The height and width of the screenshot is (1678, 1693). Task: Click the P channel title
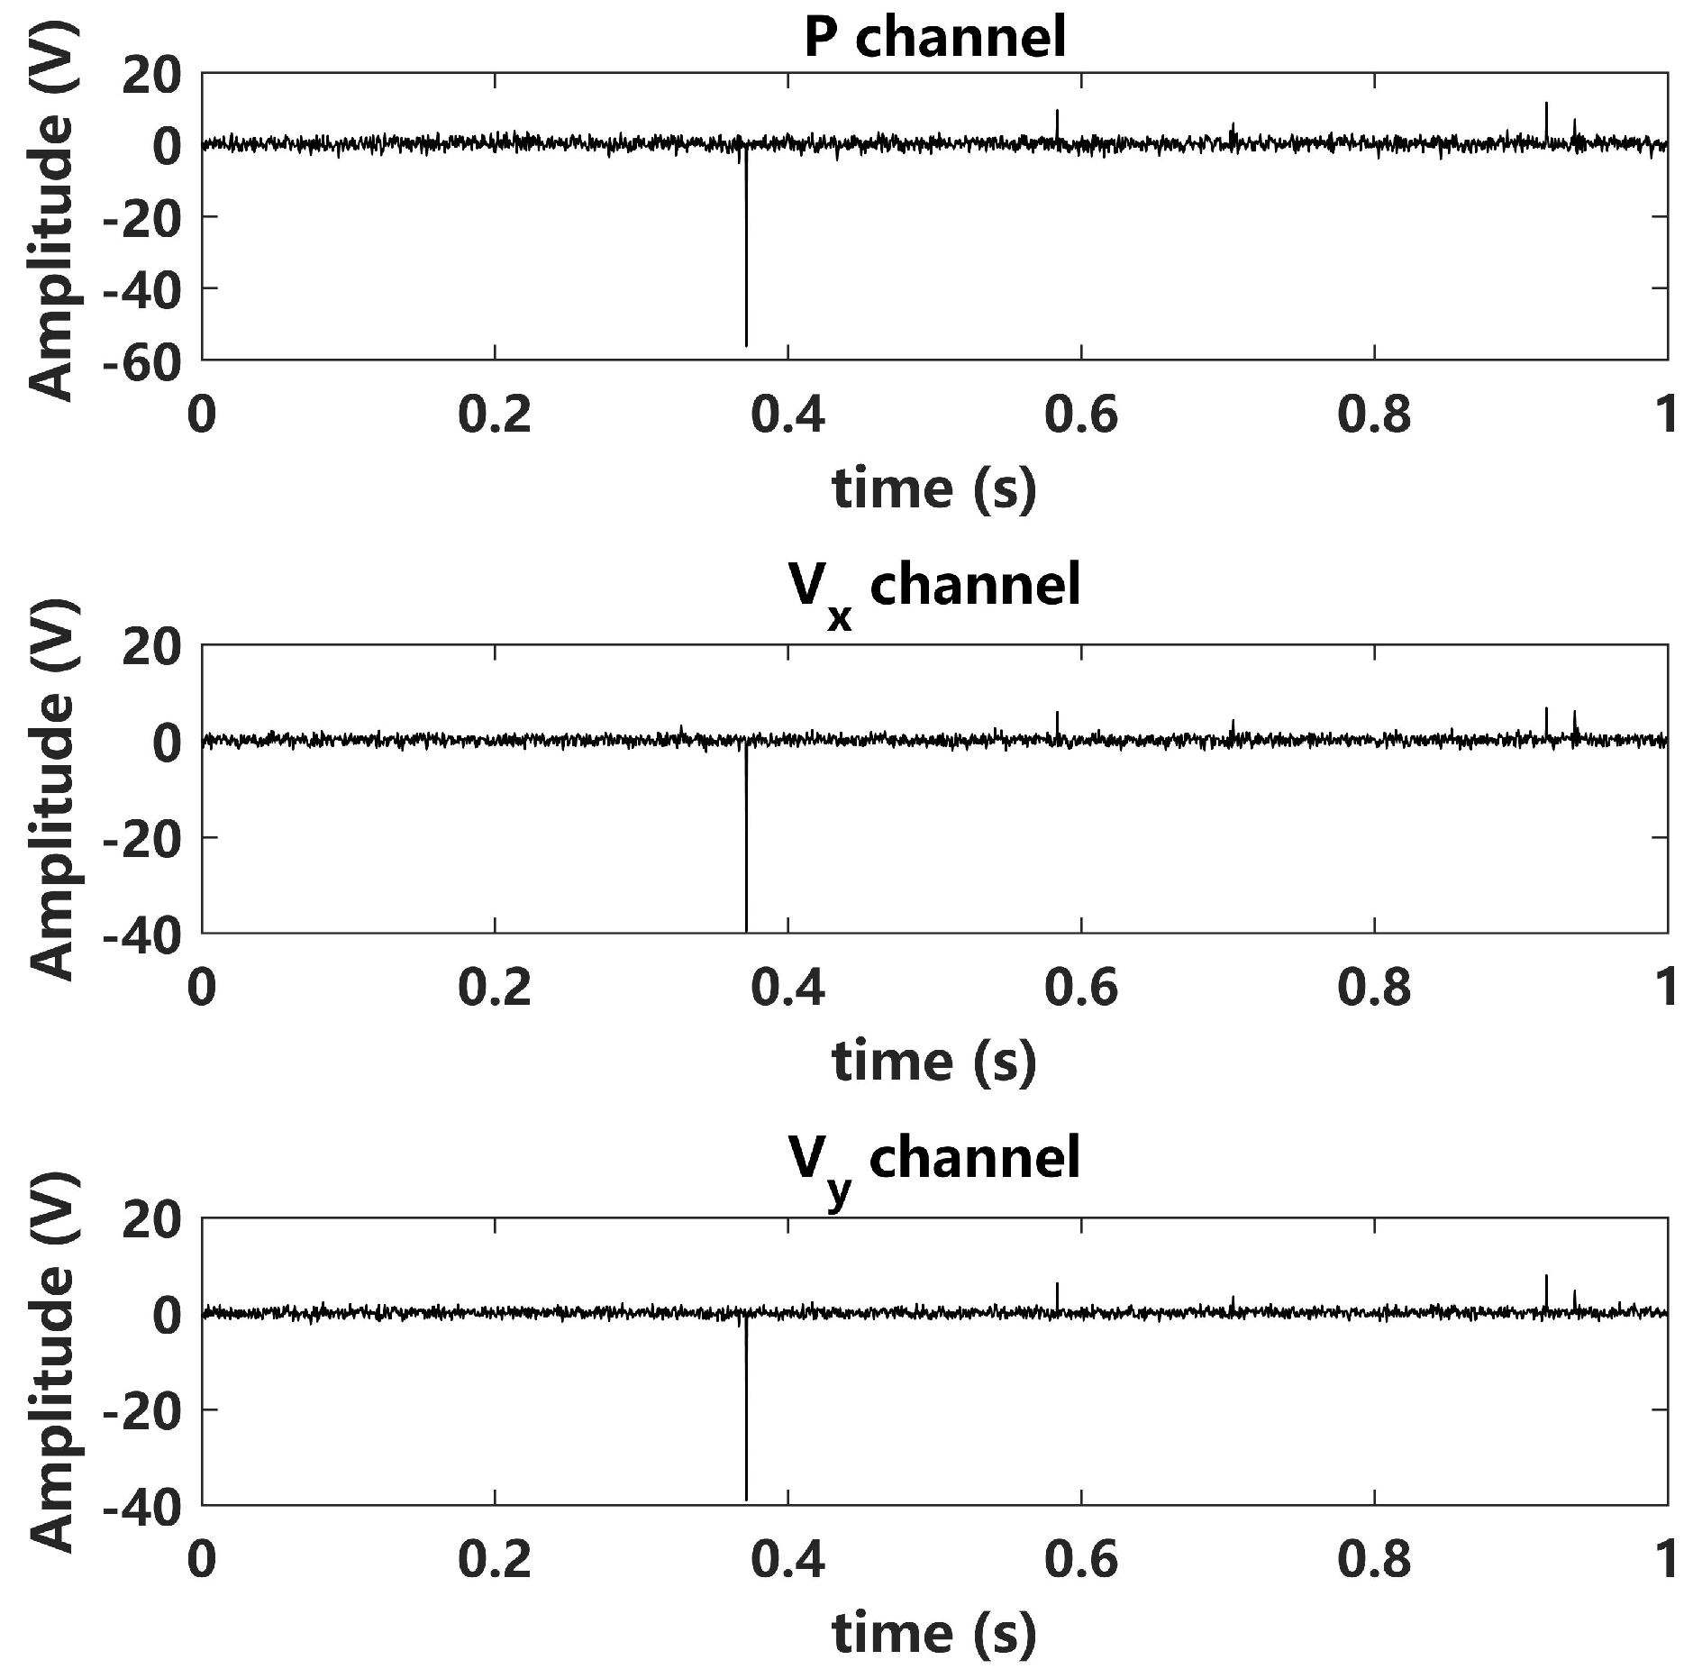[934, 38]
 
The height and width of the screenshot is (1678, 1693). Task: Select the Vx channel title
[934, 588]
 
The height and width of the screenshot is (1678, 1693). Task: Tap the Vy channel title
[934, 1160]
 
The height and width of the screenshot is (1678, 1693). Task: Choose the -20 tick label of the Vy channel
[141, 1409]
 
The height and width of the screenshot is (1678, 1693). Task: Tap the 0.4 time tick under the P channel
[787, 415]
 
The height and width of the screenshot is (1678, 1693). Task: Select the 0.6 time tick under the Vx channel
[1080, 989]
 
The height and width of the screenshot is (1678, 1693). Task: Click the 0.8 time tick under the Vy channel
[1373, 1560]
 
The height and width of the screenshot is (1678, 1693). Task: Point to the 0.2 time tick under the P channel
[495, 415]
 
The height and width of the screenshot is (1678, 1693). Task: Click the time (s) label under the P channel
[934, 488]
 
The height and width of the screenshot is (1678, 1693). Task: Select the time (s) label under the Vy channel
[934, 1632]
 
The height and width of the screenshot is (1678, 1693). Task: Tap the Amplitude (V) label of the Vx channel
[51, 789]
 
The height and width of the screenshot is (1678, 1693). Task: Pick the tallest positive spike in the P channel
[1546, 113]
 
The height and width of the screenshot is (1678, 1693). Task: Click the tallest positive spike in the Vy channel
[1546, 1283]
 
